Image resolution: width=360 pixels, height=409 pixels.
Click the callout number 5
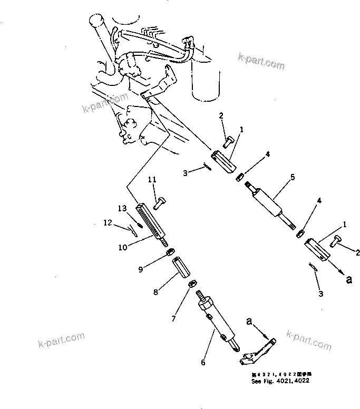pos(293,178)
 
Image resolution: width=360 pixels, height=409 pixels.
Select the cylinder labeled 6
pos(218,324)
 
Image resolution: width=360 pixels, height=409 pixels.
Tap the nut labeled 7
pos(192,284)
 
